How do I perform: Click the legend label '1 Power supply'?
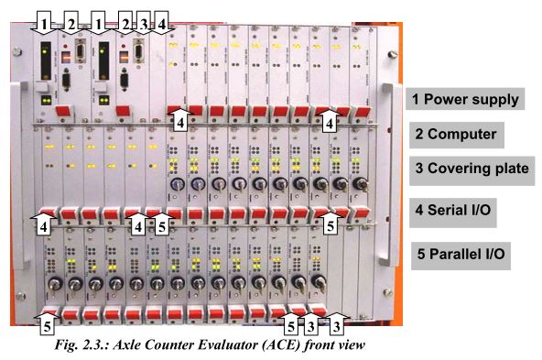click(x=465, y=99)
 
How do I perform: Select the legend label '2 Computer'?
click(x=456, y=134)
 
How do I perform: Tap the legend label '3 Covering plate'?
click(x=472, y=169)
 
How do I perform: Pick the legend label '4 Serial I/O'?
click(x=453, y=210)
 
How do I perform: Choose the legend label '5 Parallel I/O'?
click(x=461, y=254)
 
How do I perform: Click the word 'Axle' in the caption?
click(x=127, y=344)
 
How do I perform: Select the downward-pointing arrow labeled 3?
click(x=143, y=23)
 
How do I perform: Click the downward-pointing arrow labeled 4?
click(x=161, y=23)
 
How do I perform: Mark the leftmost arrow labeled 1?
click(x=44, y=23)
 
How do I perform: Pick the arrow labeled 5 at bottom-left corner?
click(x=47, y=323)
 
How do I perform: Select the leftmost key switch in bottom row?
click(x=54, y=284)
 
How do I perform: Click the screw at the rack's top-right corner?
click(x=392, y=54)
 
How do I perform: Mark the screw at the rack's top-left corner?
click(x=16, y=52)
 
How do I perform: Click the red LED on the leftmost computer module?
click(x=65, y=46)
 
